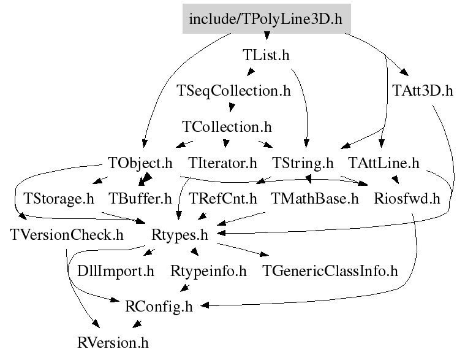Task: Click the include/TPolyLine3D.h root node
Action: (x=267, y=18)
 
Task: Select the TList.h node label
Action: (x=266, y=55)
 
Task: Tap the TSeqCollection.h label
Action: (x=233, y=91)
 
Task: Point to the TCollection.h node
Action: (x=227, y=127)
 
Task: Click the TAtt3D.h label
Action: (x=423, y=91)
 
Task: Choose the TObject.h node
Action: (x=140, y=163)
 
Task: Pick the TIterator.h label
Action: (x=222, y=163)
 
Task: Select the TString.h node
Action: (x=303, y=163)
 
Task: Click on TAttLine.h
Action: (x=384, y=163)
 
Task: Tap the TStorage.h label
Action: (x=59, y=199)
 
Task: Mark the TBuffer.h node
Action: (x=140, y=199)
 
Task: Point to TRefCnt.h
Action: (x=223, y=199)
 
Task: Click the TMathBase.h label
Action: (x=315, y=199)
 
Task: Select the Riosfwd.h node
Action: (x=407, y=199)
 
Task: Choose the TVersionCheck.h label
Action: (x=67, y=235)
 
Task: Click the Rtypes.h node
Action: (x=180, y=235)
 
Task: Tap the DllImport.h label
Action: (x=116, y=271)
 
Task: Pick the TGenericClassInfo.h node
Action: (x=330, y=271)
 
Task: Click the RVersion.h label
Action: (x=113, y=343)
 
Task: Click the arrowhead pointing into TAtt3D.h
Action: (x=404, y=72)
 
